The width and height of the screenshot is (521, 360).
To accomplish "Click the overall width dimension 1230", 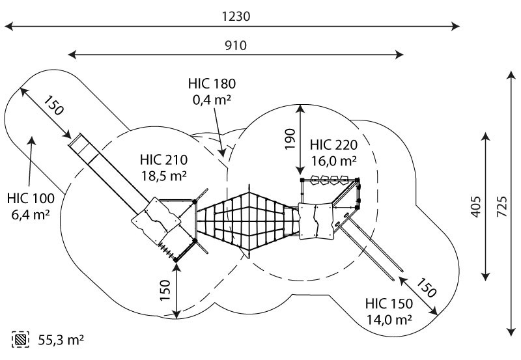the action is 236,16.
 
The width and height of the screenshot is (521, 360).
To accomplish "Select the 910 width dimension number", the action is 236,45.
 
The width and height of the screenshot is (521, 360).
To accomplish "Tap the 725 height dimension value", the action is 502,207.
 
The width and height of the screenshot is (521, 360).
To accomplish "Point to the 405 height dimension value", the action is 477,207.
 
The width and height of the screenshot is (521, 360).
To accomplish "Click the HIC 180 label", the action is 212,84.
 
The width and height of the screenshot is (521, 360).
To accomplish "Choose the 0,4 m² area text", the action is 212,100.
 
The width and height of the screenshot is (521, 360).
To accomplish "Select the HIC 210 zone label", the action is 164,159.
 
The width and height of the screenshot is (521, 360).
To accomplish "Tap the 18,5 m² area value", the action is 164,176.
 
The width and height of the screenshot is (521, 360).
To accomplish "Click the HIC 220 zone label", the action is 333,145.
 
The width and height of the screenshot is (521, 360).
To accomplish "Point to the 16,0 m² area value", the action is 333,161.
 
